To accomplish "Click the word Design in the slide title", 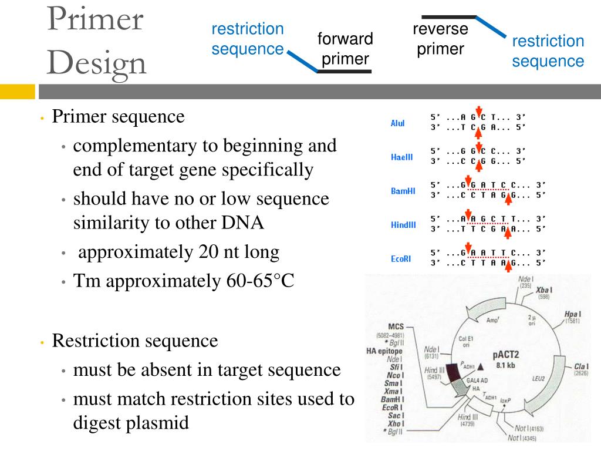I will tap(97, 63).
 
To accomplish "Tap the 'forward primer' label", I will tap(345, 49).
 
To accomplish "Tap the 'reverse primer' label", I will tap(440, 39).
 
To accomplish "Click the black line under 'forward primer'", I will tap(344, 72).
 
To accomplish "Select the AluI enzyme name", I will tap(397, 123).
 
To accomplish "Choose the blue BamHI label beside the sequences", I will tap(403, 191).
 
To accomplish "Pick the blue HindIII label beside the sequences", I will tap(403, 225).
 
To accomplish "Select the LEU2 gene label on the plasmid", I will tap(551, 380).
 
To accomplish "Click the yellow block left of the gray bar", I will tap(17, 92).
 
